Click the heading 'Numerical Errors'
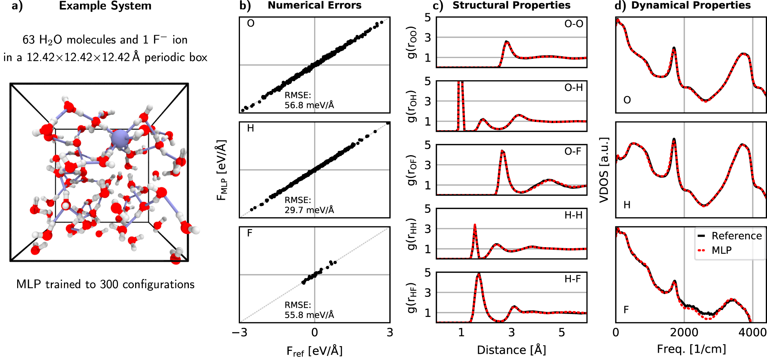click(314, 5)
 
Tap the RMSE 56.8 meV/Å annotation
click(309, 100)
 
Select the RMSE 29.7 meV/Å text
click(309, 205)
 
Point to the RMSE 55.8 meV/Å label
click(309, 310)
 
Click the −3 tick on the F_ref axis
click(240, 333)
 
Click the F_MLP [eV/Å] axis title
click(222, 170)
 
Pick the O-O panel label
click(573, 24)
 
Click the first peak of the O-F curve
click(503, 151)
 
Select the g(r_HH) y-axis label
click(412, 234)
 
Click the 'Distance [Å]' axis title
click(511, 350)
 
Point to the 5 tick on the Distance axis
click(562, 333)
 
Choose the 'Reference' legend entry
click(736, 236)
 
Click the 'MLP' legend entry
click(721, 250)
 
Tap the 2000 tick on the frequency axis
click(684, 333)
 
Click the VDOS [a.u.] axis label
click(604, 170)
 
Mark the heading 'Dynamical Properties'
click(691, 5)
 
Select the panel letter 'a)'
click(17, 6)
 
